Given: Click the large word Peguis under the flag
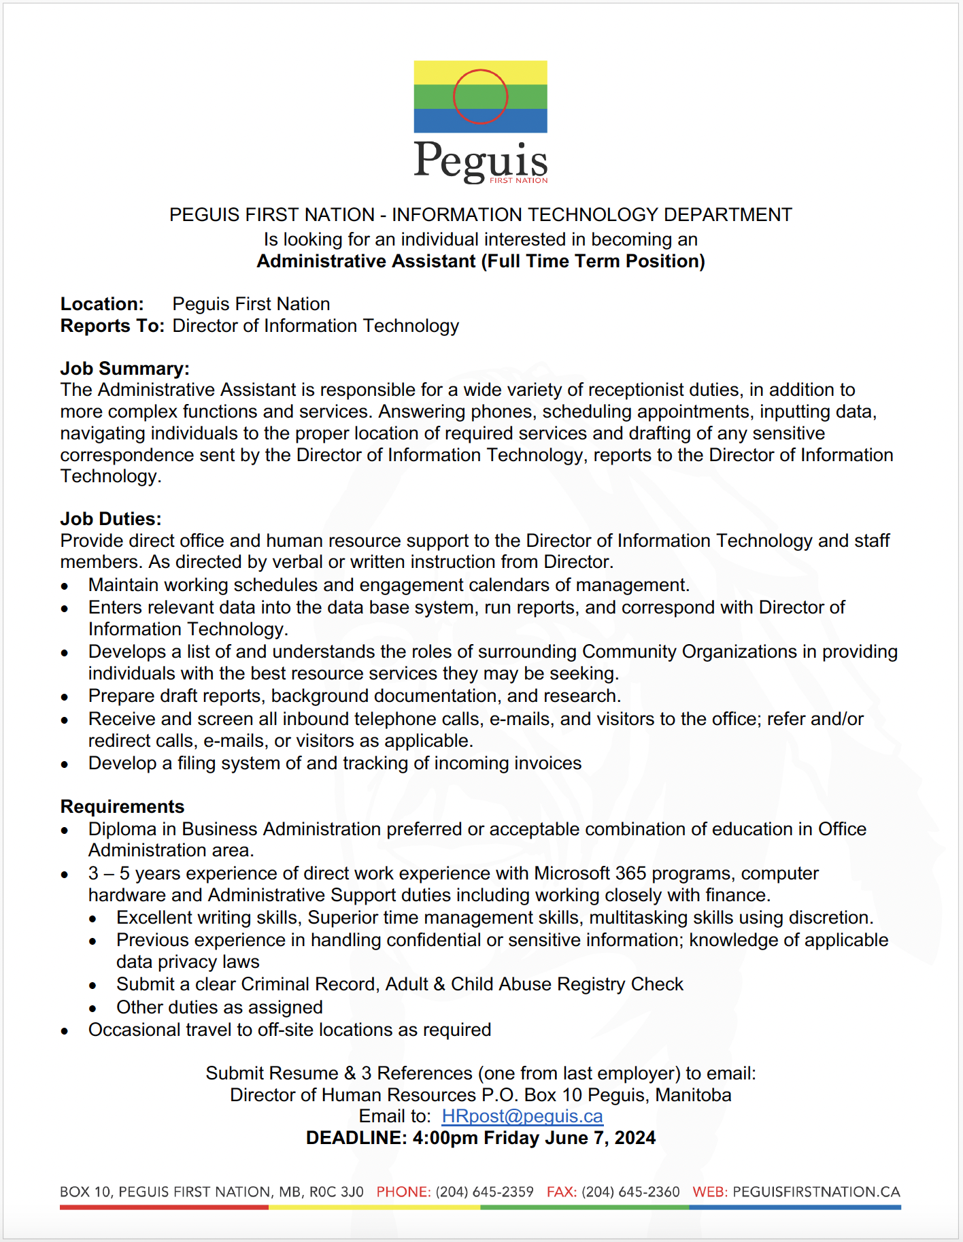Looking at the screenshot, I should pyautogui.click(x=480, y=161).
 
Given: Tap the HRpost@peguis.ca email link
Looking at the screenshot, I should pyautogui.click(x=522, y=1116).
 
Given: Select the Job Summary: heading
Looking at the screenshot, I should pyautogui.click(x=124, y=369).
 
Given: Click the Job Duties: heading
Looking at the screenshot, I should pyautogui.click(x=111, y=519).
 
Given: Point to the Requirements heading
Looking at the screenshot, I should pyautogui.click(x=122, y=807).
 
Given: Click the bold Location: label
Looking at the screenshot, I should pyautogui.click(x=102, y=304).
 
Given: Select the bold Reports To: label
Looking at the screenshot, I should pyautogui.click(x=112, y=326).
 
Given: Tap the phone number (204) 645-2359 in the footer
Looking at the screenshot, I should pyautogui.click(x=484, y=1192).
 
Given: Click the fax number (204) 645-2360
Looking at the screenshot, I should pyautogui.click(x=630, y=1192).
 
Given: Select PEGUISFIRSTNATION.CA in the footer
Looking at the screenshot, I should pyautogui.click(x=816, y=1192).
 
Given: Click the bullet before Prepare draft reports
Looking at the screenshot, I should pyautogui.click(x=65, y=697).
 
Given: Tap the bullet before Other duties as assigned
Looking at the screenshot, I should pyautogui.click(x=92, y=1009).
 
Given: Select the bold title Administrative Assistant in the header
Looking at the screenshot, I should pyautogui.click(x=366, y=261).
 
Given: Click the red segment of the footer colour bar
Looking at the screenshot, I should pyautogui.click(x=164, y=1207).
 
